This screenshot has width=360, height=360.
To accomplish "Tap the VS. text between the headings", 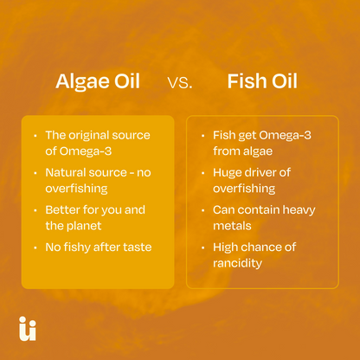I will pos(179,84).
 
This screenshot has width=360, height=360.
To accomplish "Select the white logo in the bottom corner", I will pos(27,329).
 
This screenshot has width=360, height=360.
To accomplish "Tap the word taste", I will pos(134,247).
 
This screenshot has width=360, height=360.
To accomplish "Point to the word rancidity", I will pos(237,262).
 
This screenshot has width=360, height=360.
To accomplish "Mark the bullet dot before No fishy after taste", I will pos(34,247).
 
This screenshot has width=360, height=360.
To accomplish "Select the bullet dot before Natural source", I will pos(34,173).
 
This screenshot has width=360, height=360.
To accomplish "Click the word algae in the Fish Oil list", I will pos(259,151).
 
